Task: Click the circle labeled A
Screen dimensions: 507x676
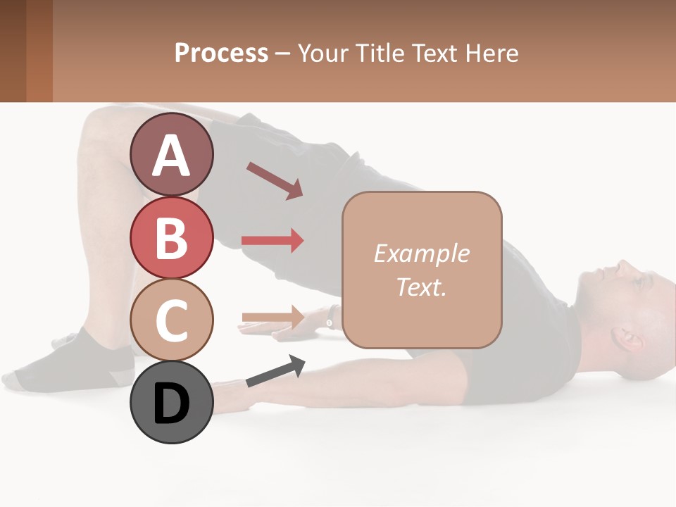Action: [172, 154]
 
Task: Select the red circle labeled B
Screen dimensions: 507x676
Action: [172, 237]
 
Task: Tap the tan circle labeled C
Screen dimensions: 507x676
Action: [172, 320]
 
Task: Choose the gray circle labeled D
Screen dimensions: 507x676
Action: [172, 403]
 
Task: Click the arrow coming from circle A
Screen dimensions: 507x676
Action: [275, 180]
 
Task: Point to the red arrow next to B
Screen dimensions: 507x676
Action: [273, 241]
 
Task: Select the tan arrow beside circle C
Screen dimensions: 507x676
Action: [273, 317]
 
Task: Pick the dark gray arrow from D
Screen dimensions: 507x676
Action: [275, 371]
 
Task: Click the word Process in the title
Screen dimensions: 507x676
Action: [221, 53]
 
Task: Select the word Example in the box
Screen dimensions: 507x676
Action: [421, 254]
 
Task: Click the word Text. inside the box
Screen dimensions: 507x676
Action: [421, 287]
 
